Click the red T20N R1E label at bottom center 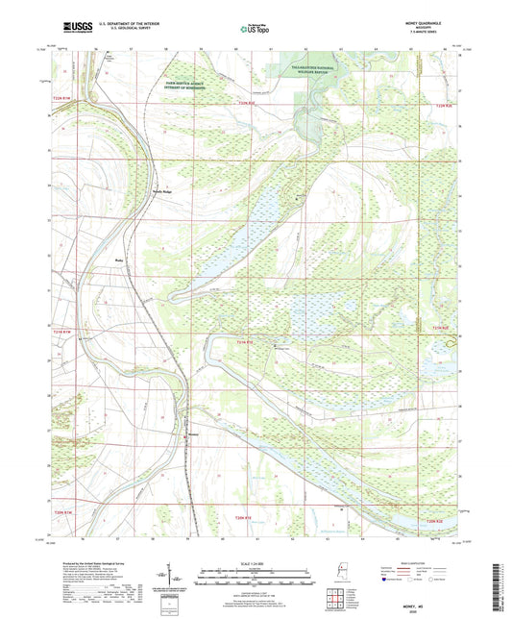[246, 519]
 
